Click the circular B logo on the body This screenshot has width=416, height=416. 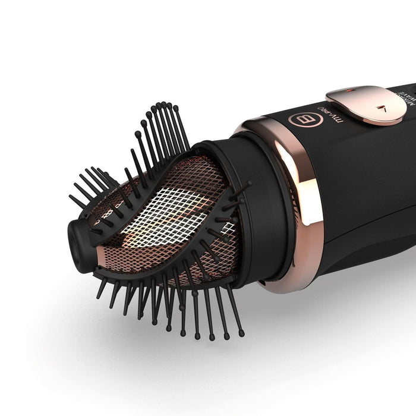tap(301, 118)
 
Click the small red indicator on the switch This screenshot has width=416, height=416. tap(349, 92)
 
